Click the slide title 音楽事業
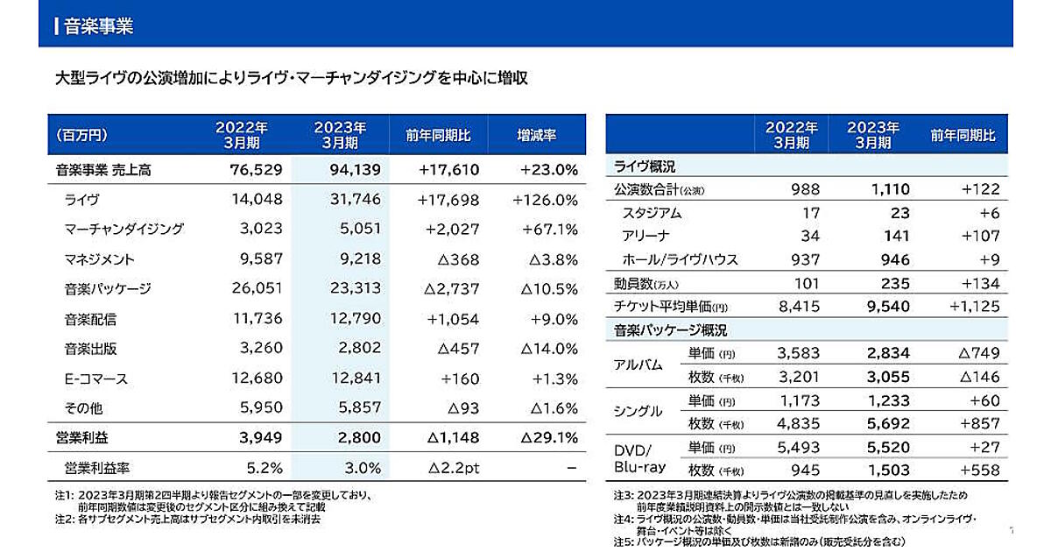click(x=99, y=26)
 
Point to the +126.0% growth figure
click(x=545, y=200)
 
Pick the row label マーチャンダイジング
click(x=123, y=230)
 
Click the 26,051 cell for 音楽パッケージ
click(x=255, y=289)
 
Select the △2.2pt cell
click(x=452, y=468)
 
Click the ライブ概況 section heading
click(x=645, y=166)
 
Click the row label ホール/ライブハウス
click(x=667, y=259)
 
